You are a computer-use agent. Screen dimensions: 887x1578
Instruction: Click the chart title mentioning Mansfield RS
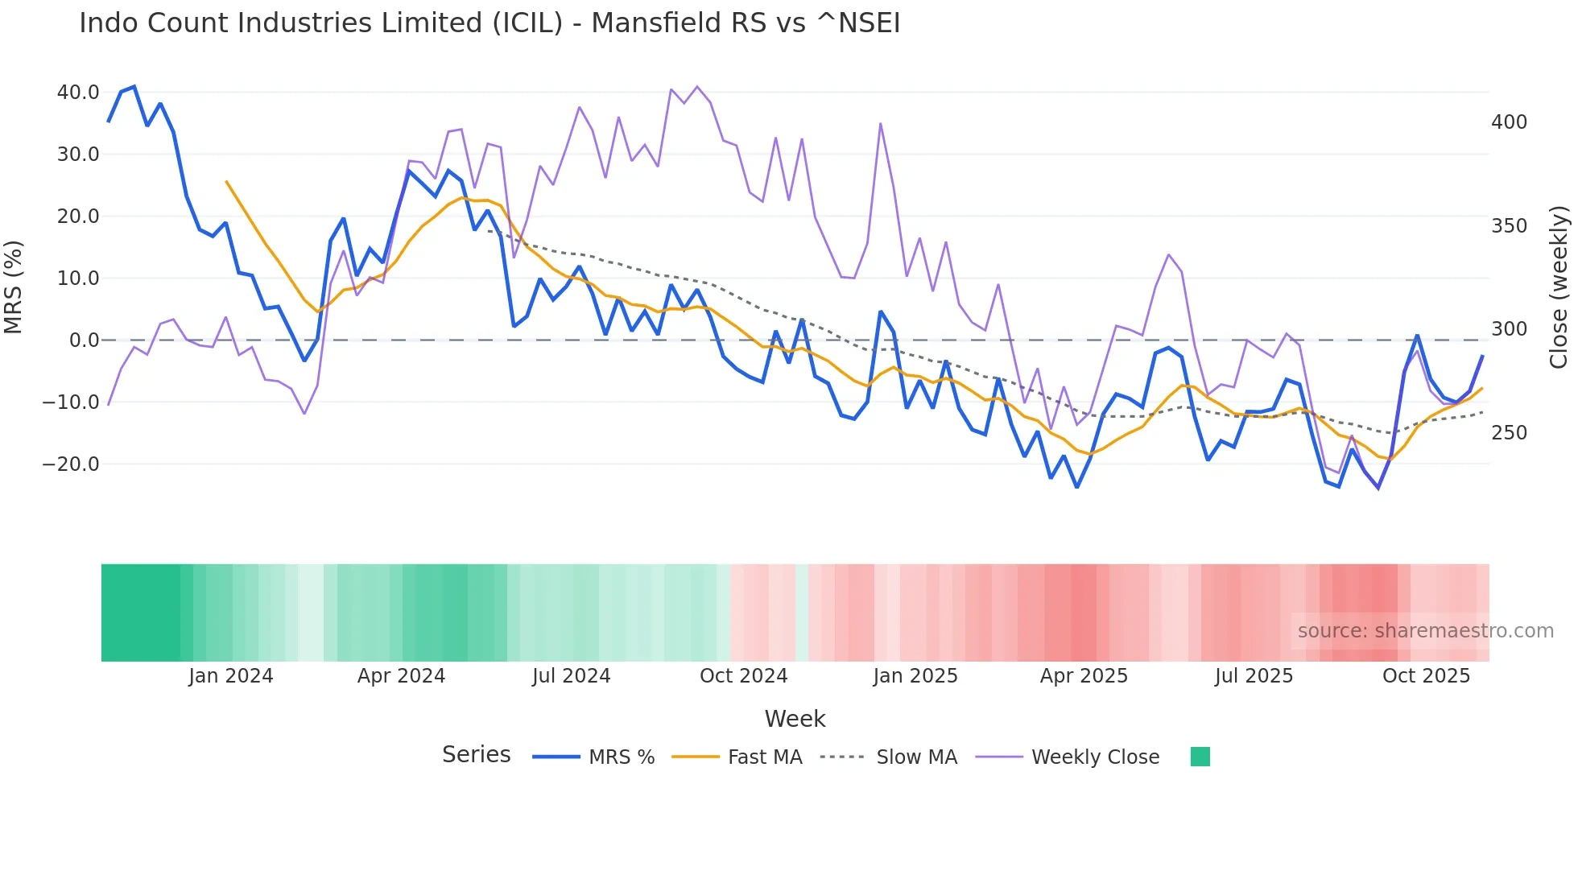click(x=490, y=23)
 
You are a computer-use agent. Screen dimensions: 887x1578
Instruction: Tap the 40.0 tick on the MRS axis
click(x=78, y=93)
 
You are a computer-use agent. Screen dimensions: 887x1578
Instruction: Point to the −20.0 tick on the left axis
click(x=71, y=464)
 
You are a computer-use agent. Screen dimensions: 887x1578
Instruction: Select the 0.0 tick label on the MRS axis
click(x=84, y=340)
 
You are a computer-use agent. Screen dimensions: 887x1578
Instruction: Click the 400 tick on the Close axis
click(x=1509, y=122)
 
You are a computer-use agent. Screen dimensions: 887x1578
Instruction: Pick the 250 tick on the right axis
click(x=1509, y=433)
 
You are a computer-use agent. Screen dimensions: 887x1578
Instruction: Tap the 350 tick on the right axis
click(x=1509, y=226)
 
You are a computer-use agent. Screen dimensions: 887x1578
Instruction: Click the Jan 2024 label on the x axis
click(x=231, y=676)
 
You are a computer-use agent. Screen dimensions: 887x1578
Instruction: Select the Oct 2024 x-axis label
click(x=743, y=676)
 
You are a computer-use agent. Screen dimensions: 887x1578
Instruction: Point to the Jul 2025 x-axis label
click(x=1254, y=676)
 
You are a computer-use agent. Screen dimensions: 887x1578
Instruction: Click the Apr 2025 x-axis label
click(x=1084, y=676)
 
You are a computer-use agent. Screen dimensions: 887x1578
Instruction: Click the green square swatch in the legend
click(x=1200, y=757)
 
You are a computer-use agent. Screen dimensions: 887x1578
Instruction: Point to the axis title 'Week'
click(x=795, y=719)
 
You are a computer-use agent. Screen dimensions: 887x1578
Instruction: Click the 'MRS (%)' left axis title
click(x=14, y=287)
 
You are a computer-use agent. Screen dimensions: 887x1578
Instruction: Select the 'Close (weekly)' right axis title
click(x=1559, y=287)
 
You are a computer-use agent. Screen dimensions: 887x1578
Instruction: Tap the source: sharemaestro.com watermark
click(x=1425, y=631)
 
